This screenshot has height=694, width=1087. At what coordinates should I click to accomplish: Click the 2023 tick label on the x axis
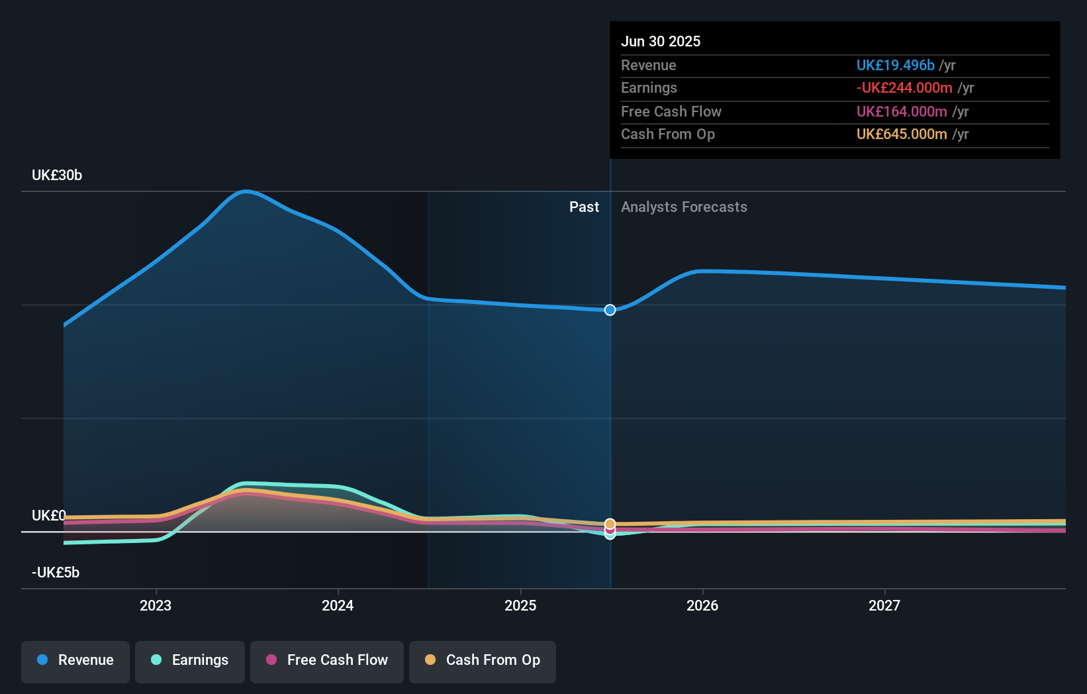pyautogui.click(x=156, y=606)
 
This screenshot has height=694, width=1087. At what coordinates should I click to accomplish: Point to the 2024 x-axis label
pyautogui.click(x=338, y=606)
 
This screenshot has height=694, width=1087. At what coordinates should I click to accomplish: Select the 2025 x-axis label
pyautogui.click(x=520, y=606)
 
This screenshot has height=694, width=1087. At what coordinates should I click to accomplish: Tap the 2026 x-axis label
pyautogui.click(x=702, y=606)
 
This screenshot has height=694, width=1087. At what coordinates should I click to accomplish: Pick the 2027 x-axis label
pyautogui.click(x=884, y=606)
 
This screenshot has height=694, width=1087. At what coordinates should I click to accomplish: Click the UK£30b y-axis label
pyautogui.click(x=57, y=175)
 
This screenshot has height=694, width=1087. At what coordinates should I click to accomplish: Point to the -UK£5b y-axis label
pyautogui.click(x=56, y=573)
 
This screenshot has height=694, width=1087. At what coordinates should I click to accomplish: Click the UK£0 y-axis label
pyautogui.click(x=48, y=515)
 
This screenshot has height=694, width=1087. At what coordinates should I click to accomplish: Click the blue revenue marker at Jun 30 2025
pyautogui.click(x=610, y=310)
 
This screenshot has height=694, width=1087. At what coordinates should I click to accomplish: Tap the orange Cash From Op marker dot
pyautogui.click(x=610, y=524)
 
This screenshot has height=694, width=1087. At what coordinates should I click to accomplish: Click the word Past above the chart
pyautogui.click(x=585, y=207)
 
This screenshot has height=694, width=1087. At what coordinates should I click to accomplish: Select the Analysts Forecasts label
pyautogui.click(x=685, y=207)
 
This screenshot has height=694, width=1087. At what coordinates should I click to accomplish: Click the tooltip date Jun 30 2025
pyautogui.click(x=661, y=42)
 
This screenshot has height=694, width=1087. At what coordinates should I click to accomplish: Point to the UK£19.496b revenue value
pyautogui.click(x=895, y=66)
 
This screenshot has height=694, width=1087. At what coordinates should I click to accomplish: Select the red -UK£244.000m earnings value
pyautogui.click(x=904, y=88)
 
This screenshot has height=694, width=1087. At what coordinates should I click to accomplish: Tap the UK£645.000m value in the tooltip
pyautogui.click(x=902, y=134)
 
